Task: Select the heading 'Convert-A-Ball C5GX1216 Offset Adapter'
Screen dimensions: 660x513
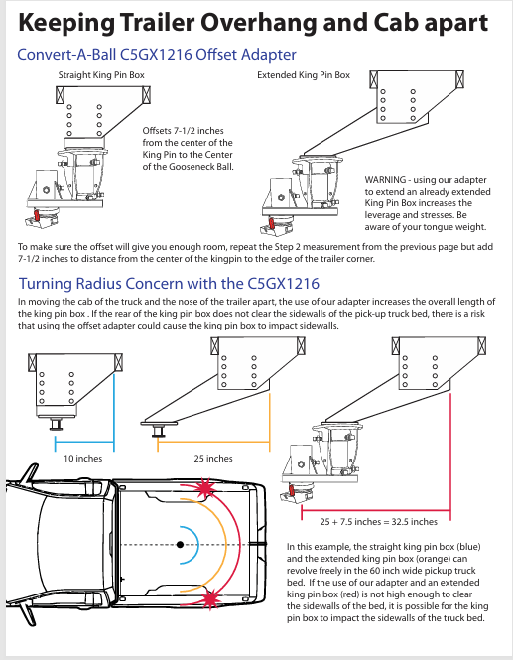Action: click(157, 55)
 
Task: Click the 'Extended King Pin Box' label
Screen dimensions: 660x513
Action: click(303, 75)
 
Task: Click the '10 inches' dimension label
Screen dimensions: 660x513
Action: click(83, 459)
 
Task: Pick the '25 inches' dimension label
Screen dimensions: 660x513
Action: click(213, 459)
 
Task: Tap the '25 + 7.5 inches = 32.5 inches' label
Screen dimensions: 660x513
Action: click(378, 521)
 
